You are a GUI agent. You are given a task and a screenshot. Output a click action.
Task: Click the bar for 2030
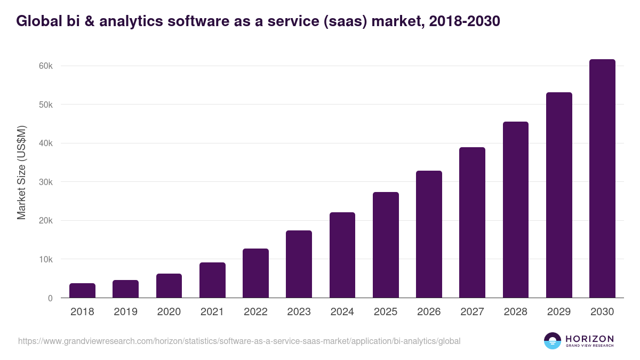click(602, 179)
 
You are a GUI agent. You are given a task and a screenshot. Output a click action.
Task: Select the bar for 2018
click(82, 291)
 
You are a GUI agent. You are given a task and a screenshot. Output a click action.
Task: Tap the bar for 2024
click(342, 255)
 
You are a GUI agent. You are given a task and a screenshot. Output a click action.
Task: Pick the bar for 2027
click(472, 222)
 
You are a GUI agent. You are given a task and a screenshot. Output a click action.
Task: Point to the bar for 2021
click(212, 280)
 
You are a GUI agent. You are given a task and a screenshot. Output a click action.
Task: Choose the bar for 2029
click(559, 195)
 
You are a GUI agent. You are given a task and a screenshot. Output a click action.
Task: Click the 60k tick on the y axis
click(45, 66)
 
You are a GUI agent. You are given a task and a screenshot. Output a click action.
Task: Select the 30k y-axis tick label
click(45, 182)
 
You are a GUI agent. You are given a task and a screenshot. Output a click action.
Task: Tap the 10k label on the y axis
click(45, 259)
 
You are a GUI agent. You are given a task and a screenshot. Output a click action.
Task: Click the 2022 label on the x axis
click(255, 312)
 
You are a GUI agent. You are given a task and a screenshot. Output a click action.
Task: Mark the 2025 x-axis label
click(386, 312)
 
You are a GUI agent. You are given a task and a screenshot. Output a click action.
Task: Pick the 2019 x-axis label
click(125, 312)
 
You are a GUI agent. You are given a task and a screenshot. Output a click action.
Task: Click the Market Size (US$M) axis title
click(21, 173)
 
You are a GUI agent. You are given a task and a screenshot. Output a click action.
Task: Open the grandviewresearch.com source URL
click(239, 341)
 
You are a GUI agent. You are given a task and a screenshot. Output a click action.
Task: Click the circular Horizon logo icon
click(553, 341)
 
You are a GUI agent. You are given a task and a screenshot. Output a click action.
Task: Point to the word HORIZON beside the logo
click(589, 338)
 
